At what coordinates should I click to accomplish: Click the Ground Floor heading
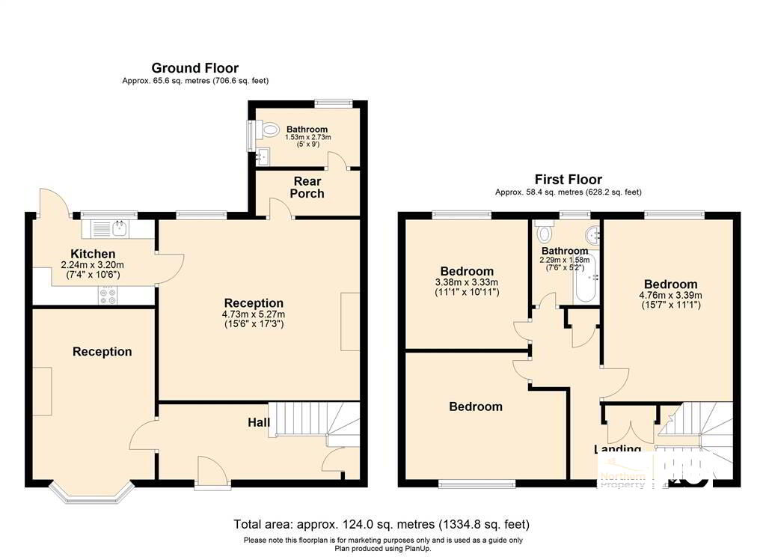195,68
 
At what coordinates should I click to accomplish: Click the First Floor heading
568,180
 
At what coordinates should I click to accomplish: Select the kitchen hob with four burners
108,296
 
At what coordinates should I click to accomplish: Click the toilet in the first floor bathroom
545,237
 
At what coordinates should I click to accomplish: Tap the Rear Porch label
307,188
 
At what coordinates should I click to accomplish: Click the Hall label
259,423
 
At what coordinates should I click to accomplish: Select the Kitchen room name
93,254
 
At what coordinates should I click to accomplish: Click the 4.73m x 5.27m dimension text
254,314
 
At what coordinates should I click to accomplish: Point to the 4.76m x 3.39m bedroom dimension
670,296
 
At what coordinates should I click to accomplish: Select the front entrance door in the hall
209,473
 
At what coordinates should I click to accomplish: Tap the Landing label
617,449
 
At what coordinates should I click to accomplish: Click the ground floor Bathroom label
307,130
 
